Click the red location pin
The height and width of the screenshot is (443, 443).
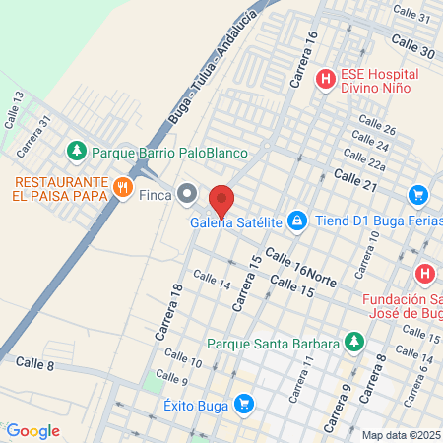[x=221, y=201]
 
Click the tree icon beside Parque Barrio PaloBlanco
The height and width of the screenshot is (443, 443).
[x=76, y=153]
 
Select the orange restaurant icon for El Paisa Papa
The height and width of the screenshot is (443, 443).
[x=122, y=188]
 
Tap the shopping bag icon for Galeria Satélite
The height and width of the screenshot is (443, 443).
[x=296, y=221]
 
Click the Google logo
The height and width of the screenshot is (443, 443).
[x=32, y=430]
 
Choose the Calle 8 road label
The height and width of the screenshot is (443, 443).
[x=35, y=363]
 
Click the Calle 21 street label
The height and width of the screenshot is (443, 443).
[x=355, y=177]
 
